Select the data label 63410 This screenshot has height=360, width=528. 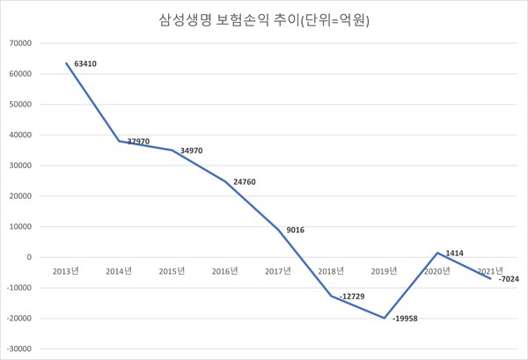tap(86, 63)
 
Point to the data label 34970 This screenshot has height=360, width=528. tap(193, 150)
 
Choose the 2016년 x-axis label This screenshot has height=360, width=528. tap(225, 270)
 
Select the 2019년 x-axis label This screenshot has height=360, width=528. tap(385, 270)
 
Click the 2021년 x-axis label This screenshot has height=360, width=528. tap(490, 270)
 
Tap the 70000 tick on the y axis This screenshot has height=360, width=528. tap(19, 43)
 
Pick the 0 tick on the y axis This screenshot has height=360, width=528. tap(31, 257)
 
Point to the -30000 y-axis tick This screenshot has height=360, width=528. tap(18, 349)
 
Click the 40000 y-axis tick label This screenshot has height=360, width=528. tap(19, 135)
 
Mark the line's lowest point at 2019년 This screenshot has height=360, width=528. tap(385, 318)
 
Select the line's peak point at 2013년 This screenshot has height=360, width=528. tap(67, 63)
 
